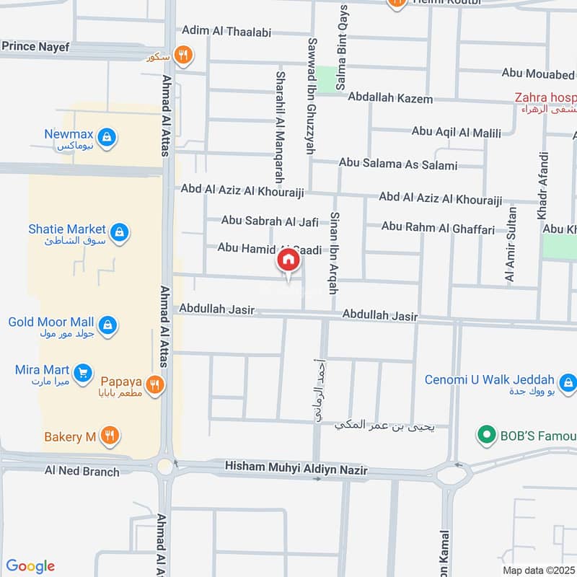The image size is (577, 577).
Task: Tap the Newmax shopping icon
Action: [107, 136]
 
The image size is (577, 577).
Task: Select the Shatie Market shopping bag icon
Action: [120, 232]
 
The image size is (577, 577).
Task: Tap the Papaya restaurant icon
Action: [154, 385]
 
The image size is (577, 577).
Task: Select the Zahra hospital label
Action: [545, 97]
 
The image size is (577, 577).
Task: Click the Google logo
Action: [30, 566]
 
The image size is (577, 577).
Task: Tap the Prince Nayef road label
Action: [35, 47]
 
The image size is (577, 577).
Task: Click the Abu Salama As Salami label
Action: [398, 164]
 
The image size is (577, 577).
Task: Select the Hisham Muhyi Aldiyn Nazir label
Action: [296, 470]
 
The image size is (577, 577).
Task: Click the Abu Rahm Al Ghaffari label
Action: [438, 228]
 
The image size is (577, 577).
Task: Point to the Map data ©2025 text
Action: [539, 570]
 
